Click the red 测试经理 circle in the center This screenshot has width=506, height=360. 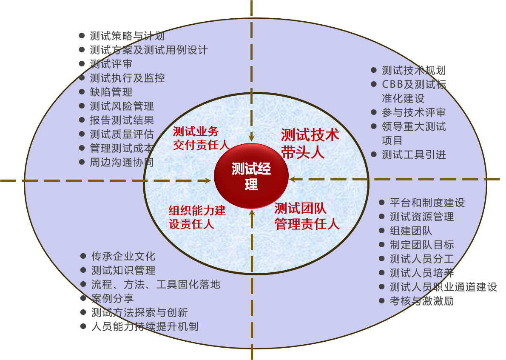[x=251, y=176]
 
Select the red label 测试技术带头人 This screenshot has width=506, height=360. [x=310, y=143]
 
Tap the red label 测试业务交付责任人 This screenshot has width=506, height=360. [x=201, y=138]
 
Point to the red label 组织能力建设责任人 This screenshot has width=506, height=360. [x=197, y=217]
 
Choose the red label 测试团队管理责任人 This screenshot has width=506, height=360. [x=307, y=216]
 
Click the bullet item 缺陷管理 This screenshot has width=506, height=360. [x=111, y=92]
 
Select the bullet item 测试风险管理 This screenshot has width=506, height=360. [x=122, y=106]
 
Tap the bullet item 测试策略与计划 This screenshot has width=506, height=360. [x=127, y=36]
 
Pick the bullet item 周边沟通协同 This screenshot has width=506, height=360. [x=122, y=162]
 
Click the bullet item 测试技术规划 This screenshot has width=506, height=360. [x=413, y=70]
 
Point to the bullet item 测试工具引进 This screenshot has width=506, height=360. [x=413, y=154]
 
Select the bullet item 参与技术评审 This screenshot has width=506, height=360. [x=413, y=112]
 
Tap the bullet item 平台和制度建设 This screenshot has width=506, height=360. [x=427, y=203]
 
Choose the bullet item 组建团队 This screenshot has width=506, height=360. [x=411, y=231]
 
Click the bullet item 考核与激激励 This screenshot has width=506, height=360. [x=421, y=301]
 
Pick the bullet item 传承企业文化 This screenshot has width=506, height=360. [x=123, y=256]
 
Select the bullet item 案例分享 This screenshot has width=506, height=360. [x=113, y=298]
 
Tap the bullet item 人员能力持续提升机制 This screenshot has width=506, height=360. [x=145, y=326]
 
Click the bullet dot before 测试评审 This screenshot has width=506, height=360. [x=82, y=64]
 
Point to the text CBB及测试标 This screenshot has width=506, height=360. [x=414, y=84]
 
